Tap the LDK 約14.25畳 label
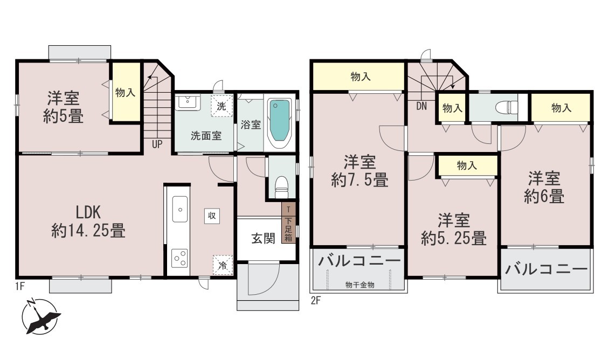89,221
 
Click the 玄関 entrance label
264,238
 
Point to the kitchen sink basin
179,209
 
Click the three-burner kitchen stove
179,258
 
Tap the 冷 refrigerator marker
223,265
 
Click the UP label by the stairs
157,144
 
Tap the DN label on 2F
421,106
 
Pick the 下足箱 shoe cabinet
288,230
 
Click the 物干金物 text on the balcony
359,285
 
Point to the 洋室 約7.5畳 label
359,171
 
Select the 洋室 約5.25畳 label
454,230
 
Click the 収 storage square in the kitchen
212,216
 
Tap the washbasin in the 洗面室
188,102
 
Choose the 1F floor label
19,286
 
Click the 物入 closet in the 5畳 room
125,92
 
